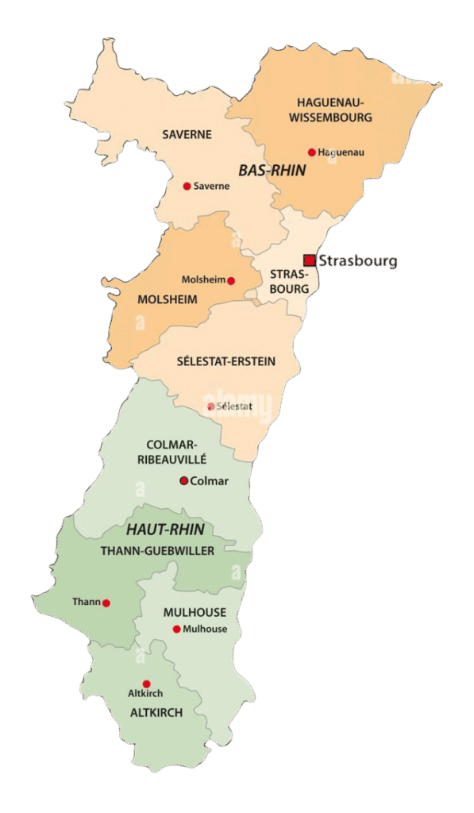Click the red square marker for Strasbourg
(x=309, y=260)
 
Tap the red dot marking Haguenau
(x=312, y=152)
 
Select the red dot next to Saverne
(x=187, y=186)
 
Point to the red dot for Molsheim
(x=231, y=280)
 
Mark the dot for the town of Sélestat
(x=210, y=406)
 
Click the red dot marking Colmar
(x=184, y=480)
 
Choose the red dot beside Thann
(x=106, y=603)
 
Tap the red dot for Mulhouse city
(x=176, y=629)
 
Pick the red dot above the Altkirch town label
(x=146, y=684)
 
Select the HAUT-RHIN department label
(x=165, y=530)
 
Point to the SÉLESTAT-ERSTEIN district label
(x=226, y=361)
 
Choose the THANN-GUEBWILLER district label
(x=157, y=550)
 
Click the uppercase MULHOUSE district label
(x=195, y=612)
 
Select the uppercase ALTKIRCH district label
(x=156, y=712)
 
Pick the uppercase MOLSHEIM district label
(x=167, y=299)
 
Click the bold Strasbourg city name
(x=357, y=261)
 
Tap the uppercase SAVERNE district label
(x=187, y=134)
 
